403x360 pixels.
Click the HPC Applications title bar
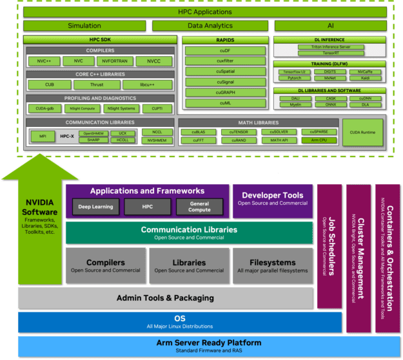pos(204,12)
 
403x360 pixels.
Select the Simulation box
pos(84,26)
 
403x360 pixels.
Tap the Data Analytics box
pos(211,26)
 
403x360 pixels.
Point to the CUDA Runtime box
pos(363,133)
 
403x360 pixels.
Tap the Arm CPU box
pos(319,140)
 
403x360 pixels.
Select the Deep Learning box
pos(95,207)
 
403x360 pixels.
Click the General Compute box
pos(199,207)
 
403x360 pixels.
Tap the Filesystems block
pos(272,266)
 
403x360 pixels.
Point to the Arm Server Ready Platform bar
pos(200,346)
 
